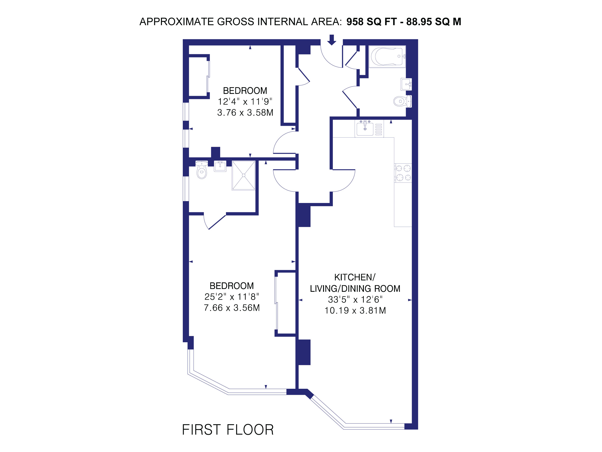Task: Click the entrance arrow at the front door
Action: (331, 40)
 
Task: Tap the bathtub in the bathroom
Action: (387, 56)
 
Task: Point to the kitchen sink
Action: (365, 129)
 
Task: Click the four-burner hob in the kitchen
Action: (403, 173)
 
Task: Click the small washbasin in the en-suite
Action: (220, 166)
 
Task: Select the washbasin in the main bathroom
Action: (406, 84)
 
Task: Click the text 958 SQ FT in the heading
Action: (371, 22)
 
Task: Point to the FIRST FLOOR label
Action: (228, 430)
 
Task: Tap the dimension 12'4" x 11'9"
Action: (245, 102)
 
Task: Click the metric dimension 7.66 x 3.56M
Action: (232, 308)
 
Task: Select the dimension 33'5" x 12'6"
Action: (355, 300)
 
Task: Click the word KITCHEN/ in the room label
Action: (355, 277)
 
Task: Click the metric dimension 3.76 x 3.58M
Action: (245, 113)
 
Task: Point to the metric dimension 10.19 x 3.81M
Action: (355, 311)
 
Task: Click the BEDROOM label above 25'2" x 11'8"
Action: (232, 286)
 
